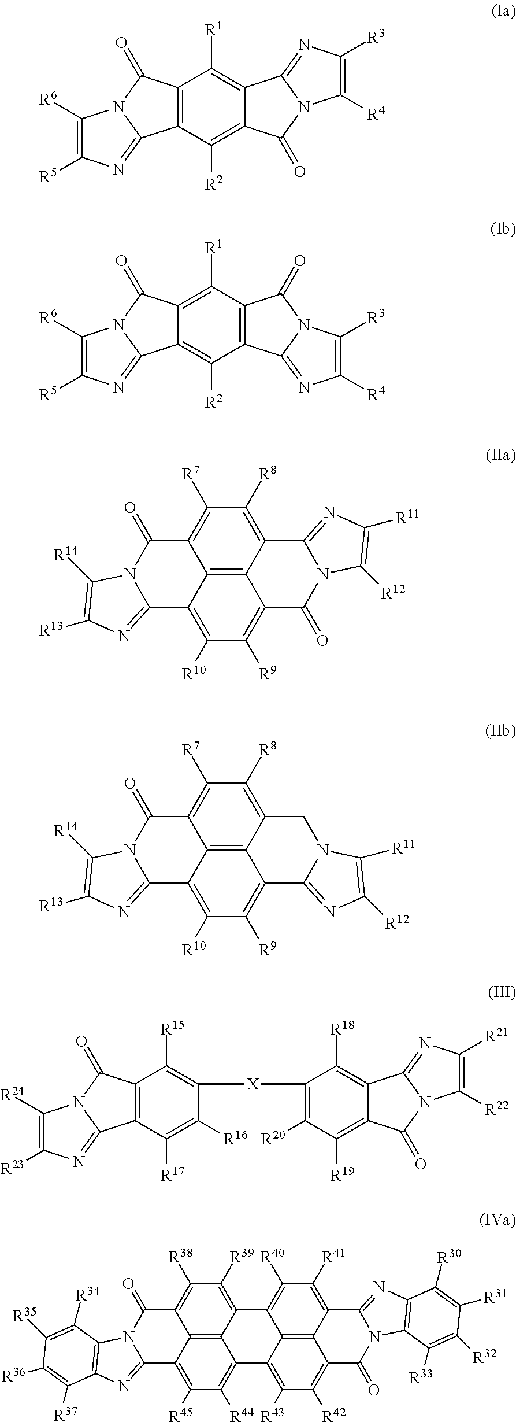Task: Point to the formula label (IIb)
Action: [x=500, y=732]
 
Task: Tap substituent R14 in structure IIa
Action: [x=64, y=556]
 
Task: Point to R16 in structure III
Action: [x=235, y=1122]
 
